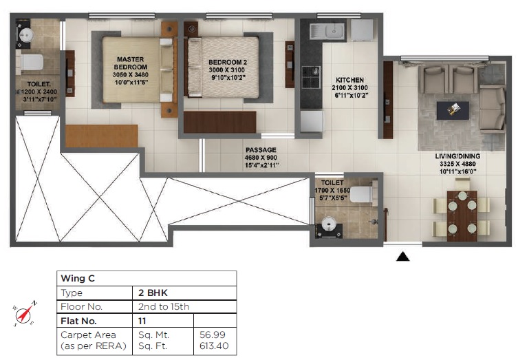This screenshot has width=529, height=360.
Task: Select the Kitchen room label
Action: click(349, 81)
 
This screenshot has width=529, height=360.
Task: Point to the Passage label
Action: click(261, 150)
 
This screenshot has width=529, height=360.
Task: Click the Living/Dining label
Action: click(457, 156)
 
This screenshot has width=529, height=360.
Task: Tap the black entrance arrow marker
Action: click(404, 257)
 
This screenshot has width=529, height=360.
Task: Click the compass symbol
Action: click(25, 314)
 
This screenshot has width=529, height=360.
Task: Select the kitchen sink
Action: click(325, 30)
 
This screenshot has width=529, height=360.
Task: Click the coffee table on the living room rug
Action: click(453, 109)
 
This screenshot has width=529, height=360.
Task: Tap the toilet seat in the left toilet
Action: click(30, 63)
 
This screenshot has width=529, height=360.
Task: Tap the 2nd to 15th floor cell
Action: click(164, 306)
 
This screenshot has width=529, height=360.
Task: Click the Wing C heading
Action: click(78, 279)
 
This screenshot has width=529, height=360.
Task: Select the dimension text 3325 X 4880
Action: click(457, 163)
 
